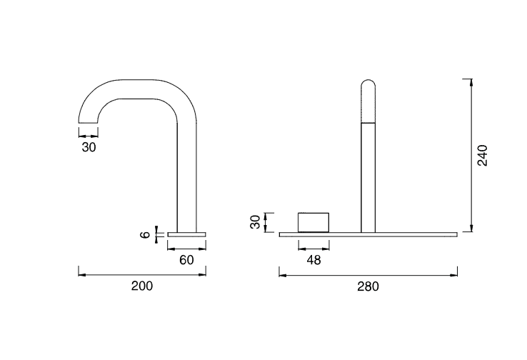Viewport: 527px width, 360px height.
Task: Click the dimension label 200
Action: pos(142,286)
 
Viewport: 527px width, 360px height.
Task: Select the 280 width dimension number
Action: pos(368,286)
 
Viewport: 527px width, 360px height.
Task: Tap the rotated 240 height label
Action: pos(482,155)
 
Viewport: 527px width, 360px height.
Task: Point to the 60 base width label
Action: pos(186,260)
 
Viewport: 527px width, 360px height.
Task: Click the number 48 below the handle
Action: pos(313,260)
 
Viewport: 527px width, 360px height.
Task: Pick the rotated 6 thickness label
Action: pos(145,234)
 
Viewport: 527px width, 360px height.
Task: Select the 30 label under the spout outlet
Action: pos(89,147)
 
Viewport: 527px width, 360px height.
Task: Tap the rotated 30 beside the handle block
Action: pos(255,222)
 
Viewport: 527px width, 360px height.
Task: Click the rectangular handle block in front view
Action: pos(313,222)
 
